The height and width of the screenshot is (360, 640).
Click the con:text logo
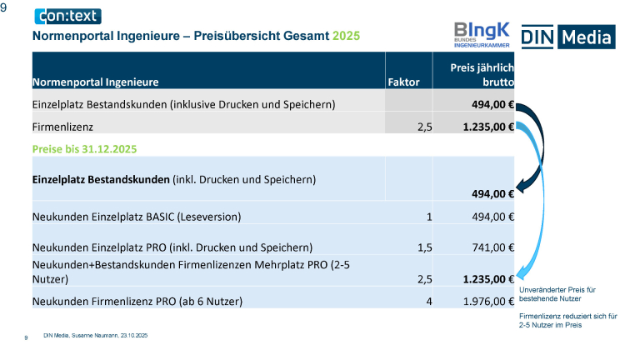[67, 16]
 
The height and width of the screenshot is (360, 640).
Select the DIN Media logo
[567, 37]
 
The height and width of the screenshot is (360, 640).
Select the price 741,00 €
[487, 247]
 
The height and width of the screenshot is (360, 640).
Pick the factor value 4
[428, 301]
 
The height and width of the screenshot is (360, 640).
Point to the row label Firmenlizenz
[62, 127]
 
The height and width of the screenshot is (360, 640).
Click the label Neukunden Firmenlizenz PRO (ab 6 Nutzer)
[137, 301]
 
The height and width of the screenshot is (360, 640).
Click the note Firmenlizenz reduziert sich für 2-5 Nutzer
[567, 321]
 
